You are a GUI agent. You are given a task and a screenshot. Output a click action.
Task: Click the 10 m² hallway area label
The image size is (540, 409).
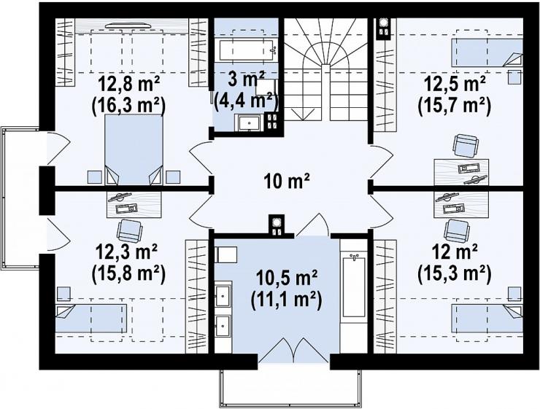[x=287, y=182]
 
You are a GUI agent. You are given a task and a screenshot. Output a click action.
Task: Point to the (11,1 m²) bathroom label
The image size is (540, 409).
[x=287, y=299]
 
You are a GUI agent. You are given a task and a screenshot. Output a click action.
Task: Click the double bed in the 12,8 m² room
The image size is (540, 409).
[x=134, y=149]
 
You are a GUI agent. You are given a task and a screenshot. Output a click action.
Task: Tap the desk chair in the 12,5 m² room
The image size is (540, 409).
[x=466, y=146]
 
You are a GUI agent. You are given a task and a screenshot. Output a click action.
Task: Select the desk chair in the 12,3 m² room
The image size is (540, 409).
[x=129, y=231]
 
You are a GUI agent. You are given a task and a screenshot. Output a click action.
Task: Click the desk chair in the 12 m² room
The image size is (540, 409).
[x=457, y=230]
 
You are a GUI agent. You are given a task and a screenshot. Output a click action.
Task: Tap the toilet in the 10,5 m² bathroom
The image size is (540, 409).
[x=225, y=255]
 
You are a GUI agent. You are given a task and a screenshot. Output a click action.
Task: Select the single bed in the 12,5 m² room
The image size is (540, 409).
[x=487, y=52]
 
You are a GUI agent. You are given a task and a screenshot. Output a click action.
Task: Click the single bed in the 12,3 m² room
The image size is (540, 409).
[x=91, y=318]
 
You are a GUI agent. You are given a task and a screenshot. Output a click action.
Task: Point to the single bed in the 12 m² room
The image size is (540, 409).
[x=487, y=318]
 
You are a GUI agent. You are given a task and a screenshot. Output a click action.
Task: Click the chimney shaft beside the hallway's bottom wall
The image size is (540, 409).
[x=277, y=226]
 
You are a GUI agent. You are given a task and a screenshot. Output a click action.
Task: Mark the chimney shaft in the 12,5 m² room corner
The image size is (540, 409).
[x=382, y=29]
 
